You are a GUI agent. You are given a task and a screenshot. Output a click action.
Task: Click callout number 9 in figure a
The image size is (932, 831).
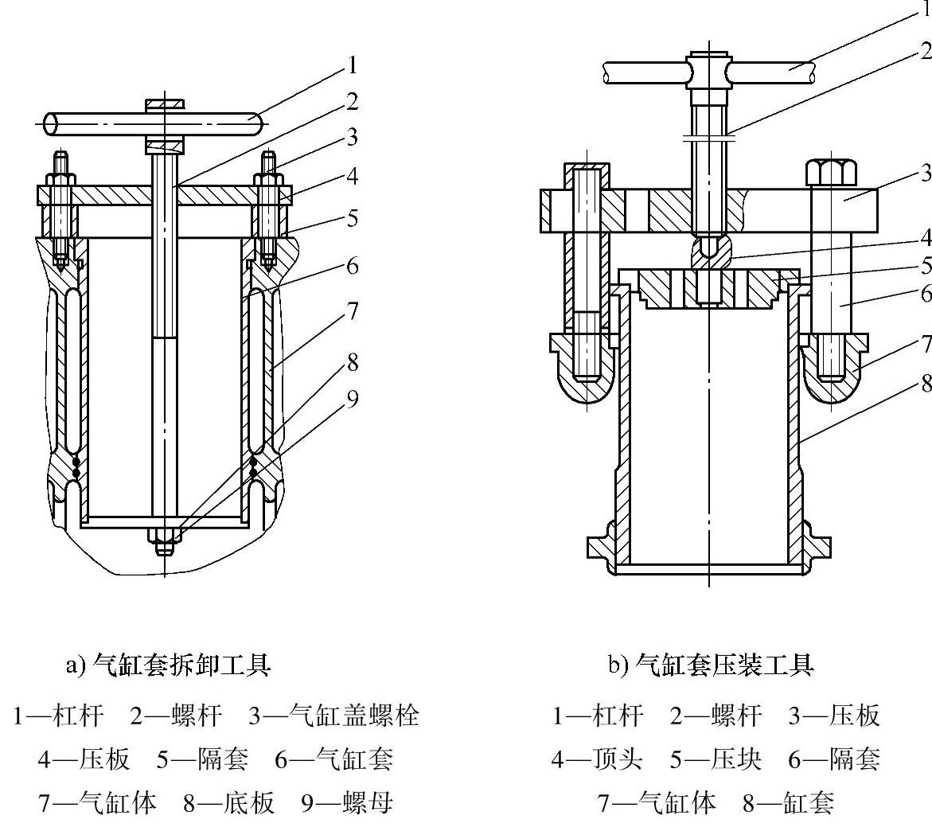point(353,399)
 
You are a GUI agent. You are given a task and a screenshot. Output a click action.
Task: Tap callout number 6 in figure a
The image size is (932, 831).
point(353,266)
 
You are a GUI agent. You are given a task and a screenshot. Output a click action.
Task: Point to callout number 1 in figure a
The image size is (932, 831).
point(353,64)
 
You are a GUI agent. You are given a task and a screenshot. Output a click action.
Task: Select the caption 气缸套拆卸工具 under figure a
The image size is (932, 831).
point(181,665)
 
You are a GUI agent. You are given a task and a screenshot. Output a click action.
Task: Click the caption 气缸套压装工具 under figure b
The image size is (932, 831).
point(724,665)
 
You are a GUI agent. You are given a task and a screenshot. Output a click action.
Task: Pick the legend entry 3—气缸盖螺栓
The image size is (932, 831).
point(334,715)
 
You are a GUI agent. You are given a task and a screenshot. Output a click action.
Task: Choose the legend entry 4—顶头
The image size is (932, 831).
point(596,759)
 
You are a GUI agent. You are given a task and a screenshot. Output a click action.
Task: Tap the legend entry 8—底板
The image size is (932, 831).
point(229,803)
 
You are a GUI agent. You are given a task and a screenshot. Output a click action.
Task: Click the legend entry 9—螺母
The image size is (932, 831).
point(347,803)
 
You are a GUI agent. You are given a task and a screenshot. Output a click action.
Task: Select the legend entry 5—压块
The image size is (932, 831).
point(715,759)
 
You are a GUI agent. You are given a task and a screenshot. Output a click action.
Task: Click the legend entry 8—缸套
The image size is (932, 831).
point(789,803)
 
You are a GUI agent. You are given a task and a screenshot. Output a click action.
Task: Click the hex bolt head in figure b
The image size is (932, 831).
point(831,173)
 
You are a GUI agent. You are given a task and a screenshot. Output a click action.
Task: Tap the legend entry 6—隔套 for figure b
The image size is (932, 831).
point(835,759)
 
